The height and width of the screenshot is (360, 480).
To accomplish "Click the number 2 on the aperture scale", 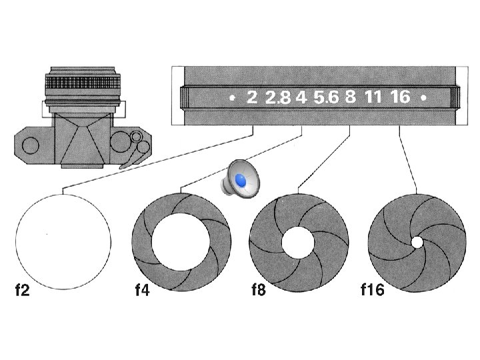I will [251, 97].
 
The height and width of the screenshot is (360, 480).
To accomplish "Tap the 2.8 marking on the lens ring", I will [277, 98].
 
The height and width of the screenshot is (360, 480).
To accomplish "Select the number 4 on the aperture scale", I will [301, 97].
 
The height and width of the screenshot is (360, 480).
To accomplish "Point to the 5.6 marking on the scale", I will [326, 98].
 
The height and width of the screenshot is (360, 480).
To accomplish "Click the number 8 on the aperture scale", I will [350, 97].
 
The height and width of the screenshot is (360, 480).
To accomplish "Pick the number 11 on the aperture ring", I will [373, 97].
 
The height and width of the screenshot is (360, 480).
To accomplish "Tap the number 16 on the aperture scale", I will [399, 97].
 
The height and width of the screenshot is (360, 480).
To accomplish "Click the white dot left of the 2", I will [232, 97].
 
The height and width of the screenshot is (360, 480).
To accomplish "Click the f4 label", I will [141, 291].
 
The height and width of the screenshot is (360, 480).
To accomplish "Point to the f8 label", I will [257, 291].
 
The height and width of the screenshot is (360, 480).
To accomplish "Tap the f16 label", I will [372, 291].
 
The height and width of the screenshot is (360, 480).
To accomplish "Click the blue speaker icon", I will [239, 179].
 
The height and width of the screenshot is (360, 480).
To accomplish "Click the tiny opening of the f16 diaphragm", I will [417, 243].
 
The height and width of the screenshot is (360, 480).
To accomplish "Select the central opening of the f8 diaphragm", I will [297, 242].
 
